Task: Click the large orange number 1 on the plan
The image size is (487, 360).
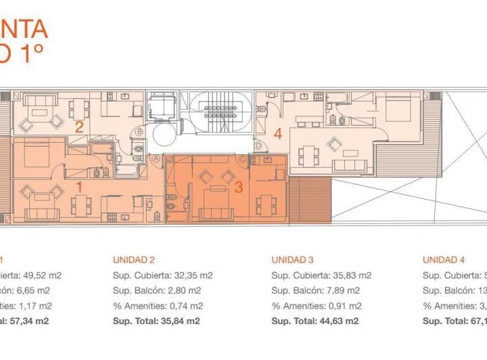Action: (79, 185)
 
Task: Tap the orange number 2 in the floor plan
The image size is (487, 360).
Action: (79, 127)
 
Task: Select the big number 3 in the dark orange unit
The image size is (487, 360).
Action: (238, 187)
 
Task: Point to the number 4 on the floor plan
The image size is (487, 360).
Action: (277, 134)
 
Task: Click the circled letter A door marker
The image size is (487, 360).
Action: (157, 158)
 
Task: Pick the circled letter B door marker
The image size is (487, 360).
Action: (139, 131)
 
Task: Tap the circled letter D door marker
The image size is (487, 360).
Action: (258, 145)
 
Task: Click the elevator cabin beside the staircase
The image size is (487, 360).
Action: (162, 108)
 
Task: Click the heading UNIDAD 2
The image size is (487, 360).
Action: (134, 259)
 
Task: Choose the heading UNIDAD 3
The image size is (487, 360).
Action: (292, 259)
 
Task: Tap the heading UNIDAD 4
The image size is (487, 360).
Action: (444, 259)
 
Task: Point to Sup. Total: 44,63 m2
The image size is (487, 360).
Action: (315, 321)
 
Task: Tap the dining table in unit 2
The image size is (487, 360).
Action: (80, 108)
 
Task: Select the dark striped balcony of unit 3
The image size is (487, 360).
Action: (310, 200)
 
